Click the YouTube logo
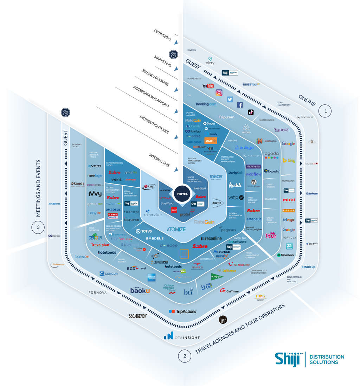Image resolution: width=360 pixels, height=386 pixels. tap(208, 86)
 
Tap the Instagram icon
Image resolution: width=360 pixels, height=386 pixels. tap(219, 92)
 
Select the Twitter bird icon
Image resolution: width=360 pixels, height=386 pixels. tap(230, 99)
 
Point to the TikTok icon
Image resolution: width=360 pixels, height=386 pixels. tap(251, 112)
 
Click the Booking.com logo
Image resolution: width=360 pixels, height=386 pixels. tap(206, 104)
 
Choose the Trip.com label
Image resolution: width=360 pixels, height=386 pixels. tap(226, 117)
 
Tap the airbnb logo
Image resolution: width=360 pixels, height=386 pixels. tap(246, 129)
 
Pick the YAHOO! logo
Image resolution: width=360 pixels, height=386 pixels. tap(281, 130)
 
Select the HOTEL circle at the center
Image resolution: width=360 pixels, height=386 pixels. tap(183, 194)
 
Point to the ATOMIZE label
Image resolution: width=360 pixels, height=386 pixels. tap(176, 229)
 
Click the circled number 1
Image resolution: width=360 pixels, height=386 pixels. tap(325, 111)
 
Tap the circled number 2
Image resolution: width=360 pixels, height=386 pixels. tap(185, 356)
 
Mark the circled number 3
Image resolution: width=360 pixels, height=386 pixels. tap(38, 227)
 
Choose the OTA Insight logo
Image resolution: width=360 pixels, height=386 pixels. tap(181, 336)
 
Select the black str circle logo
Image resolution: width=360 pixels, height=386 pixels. tap(223, 320)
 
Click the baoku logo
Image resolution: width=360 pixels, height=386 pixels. tap(140, 290)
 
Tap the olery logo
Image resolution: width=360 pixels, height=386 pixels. tap(210, 61)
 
